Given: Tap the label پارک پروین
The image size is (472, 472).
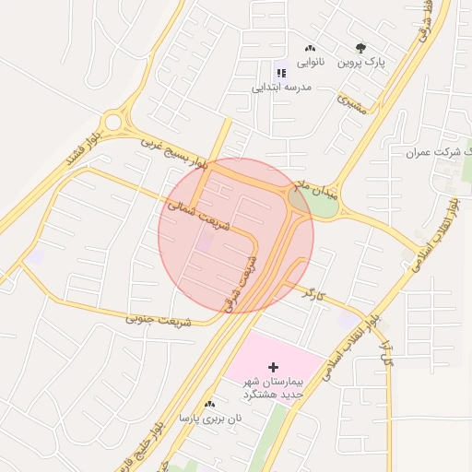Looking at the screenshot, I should [x=360, y=64].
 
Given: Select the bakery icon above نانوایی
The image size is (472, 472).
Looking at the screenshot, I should [x=309, y=48].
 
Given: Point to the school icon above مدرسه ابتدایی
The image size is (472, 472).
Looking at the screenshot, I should [x=281, y=72].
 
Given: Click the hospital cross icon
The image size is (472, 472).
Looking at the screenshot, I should [x=272, y=368].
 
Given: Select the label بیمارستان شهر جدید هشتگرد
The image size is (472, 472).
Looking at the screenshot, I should [x=272, y=388].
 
